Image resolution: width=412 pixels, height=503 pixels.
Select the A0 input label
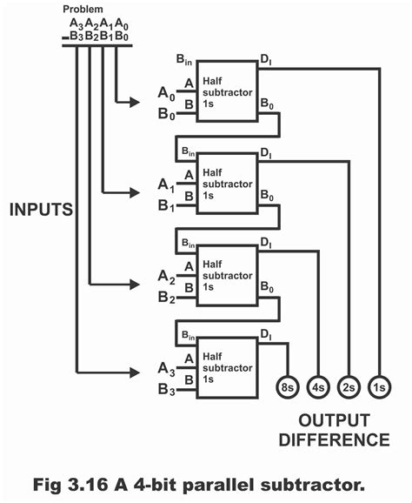pos(165,93)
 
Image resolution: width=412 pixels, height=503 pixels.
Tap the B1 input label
pos(165,206)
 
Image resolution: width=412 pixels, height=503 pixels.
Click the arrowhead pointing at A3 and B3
pos(134,370)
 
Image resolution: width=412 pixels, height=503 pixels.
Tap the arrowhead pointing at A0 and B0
pos(134,103)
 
